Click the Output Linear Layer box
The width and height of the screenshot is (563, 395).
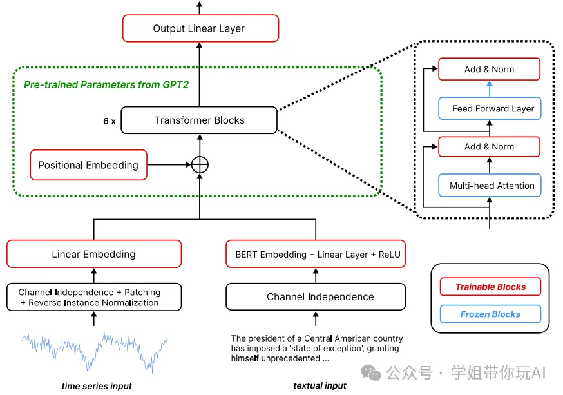200,28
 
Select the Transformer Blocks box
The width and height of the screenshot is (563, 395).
200,120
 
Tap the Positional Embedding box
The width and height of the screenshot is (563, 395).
88,165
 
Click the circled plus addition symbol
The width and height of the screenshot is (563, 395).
200,164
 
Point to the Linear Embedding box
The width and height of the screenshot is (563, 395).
94,254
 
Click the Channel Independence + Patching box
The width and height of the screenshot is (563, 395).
94,297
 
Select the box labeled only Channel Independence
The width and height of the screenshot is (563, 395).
316,297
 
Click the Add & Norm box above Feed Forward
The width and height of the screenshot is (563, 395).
489,70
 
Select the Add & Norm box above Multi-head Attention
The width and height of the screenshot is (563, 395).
489,146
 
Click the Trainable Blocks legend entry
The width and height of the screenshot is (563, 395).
490,287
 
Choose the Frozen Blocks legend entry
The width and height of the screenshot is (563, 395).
490,314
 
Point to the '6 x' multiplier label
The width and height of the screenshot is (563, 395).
109,120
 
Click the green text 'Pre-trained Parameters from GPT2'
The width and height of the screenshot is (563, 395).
106,84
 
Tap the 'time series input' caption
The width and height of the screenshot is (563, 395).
97,386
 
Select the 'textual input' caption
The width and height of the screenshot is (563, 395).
320,386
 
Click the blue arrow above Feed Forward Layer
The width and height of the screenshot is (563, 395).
490,89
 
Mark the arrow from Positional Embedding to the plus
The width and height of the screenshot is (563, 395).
169,165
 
